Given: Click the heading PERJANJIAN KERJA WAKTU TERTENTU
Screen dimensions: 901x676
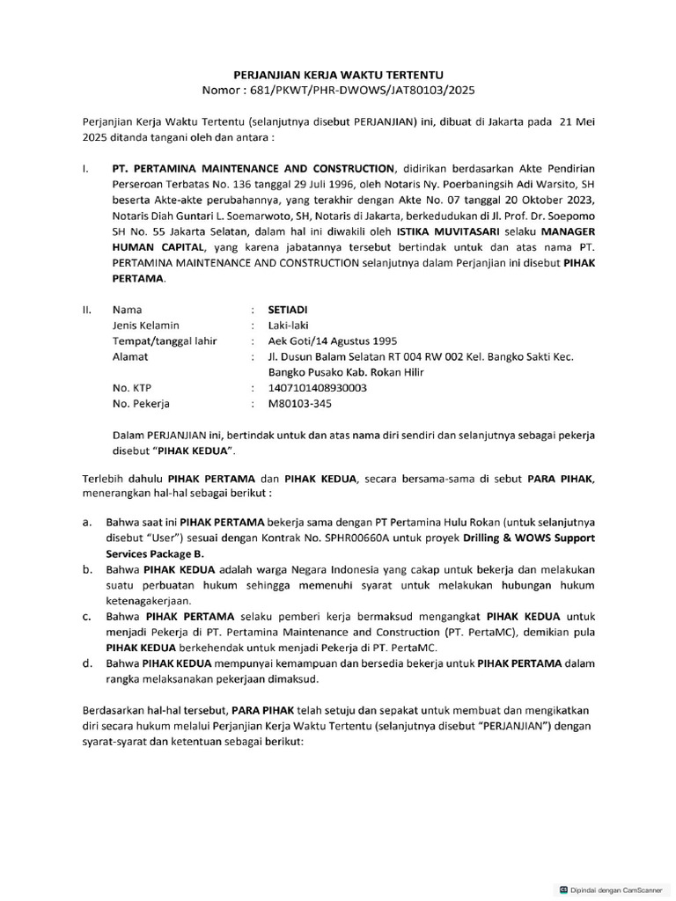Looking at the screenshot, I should click(x=337, y=76).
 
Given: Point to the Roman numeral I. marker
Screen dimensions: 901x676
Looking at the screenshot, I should click(x=85, y=167).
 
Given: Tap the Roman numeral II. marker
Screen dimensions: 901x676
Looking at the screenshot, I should click(x=87, y=310).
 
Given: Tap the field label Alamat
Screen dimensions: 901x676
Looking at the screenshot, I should click(x=130, y=356).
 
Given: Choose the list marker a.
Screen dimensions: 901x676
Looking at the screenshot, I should click(x=87, y=522).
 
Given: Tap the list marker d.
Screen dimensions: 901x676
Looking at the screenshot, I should click(x=87, y=663).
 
